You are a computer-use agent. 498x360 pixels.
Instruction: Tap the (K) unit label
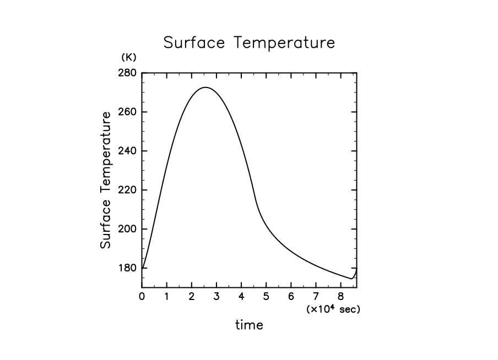(128, 57)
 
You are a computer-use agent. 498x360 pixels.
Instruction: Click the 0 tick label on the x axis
(142, 297)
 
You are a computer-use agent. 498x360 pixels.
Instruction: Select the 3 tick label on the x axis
(216, 297)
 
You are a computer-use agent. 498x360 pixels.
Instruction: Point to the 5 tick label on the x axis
(266, 297)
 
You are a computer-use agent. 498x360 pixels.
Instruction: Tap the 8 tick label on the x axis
(340, 297)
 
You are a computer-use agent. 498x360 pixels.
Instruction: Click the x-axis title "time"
(250, 325)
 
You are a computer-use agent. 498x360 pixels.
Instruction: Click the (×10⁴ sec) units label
(333, 309)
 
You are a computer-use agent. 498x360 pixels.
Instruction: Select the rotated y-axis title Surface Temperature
(106, 179)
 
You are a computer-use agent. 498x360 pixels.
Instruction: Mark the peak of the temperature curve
(205, 87)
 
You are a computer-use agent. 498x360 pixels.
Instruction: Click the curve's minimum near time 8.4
(351, 279)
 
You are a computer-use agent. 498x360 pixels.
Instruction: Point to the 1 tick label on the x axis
(167, 297)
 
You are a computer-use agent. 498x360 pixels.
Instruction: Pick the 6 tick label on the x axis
(291, 297)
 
